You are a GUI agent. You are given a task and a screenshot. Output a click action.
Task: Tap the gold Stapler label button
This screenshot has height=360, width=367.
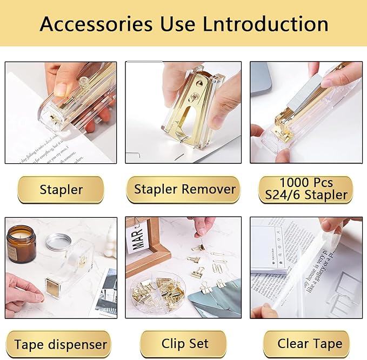tap(61, 190)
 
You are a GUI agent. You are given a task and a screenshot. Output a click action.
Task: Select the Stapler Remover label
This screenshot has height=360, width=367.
tap(185, 190)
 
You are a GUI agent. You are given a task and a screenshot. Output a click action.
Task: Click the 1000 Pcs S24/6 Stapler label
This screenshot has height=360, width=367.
tap(305, 190)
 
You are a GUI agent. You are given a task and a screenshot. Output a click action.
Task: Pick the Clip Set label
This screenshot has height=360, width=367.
tap(185, 344)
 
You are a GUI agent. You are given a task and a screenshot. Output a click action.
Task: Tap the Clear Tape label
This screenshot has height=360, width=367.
tap(309, 344)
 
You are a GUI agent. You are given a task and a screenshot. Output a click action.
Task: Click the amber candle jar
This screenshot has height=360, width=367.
tap(21, 243)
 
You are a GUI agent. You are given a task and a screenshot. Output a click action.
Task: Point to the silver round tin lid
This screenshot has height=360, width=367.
tap(58, 241)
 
